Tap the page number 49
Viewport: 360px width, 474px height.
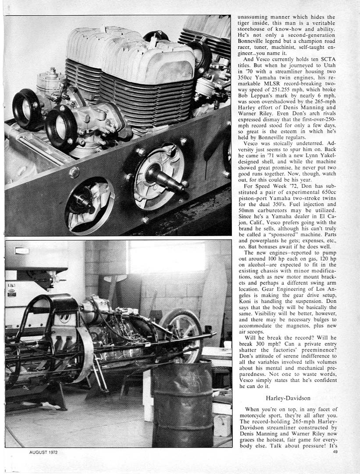click(x=335, y=452)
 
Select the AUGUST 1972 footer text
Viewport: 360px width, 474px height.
click(x=38, y=452)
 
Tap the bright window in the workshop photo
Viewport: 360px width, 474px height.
click(x=167, y=257)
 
